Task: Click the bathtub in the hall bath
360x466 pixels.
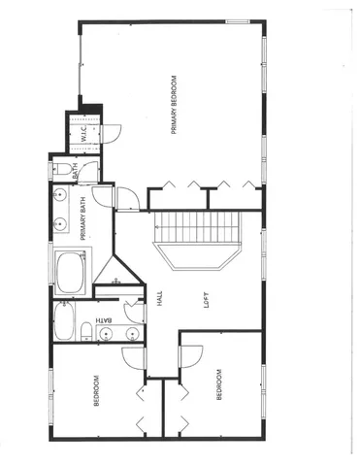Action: click(65, 321)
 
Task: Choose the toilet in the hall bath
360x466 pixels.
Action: click(87, 333)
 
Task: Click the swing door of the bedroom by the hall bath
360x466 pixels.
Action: click(132, 359)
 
